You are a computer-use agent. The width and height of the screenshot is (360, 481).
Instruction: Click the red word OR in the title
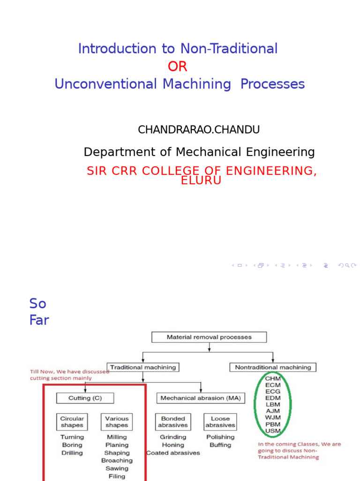(x=178, y=67)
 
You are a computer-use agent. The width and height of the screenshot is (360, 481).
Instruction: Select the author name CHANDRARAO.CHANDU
(x=199, y=130)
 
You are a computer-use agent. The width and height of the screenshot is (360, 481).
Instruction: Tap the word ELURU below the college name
(x=201, y=180)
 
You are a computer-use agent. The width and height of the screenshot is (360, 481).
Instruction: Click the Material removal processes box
(x=209, y=337)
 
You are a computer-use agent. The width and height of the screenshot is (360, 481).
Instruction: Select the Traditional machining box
(x=143, y=367)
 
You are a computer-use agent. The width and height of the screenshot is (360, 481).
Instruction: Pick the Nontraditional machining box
(x=273, y=367)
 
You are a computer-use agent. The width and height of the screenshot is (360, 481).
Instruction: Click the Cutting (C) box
(x=85, y=398)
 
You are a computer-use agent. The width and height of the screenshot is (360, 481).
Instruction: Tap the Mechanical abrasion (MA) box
(x=200, y=398)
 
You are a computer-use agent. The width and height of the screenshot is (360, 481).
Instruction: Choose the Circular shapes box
(x=72, y=422)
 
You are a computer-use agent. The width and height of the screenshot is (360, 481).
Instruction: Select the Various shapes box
(x=117, y=422)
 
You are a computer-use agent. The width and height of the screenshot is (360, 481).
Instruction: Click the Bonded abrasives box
(x=173, y=422)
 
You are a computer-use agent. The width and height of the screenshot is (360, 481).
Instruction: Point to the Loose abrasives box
(x=220, y=422)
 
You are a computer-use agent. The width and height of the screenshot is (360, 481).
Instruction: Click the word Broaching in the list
(x=117, y=461)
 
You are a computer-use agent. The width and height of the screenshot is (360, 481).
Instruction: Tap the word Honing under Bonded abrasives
(x=173, y=445)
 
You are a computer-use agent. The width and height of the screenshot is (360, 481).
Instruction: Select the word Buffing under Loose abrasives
(x=220, y=445)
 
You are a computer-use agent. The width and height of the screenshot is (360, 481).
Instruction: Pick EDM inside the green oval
(x=273, y=398)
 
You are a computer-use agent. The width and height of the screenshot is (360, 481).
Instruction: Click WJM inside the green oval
(x=273, y=418)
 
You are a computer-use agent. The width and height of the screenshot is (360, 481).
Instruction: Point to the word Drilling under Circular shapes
(x=72, y=453)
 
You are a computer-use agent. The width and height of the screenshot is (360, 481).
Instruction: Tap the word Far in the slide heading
(x=39, y=320)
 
